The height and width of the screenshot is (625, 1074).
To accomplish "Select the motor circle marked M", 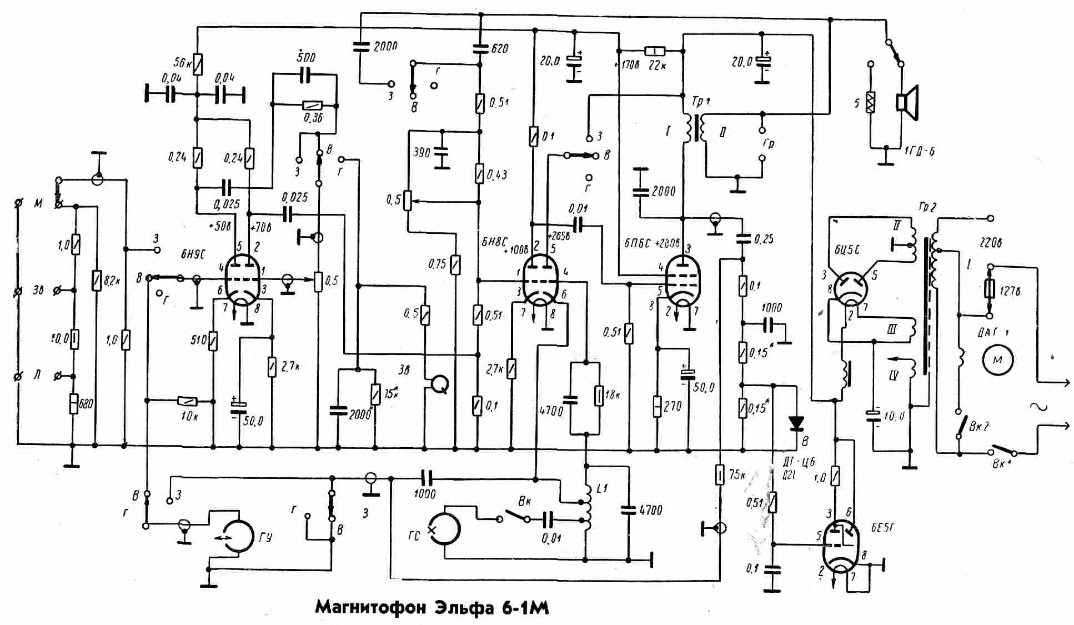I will pyautogui.click(x=997, y=359).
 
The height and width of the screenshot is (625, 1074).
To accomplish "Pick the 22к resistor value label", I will pyautogui.click(x=658, y=66).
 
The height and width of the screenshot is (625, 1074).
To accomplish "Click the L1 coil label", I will pyautogui.click(x=601, y=488).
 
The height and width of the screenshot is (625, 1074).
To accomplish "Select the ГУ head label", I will pyautogui.click(x=265, y=538).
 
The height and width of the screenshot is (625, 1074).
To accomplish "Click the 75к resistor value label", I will pyautogui.click(x=737, y=475).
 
